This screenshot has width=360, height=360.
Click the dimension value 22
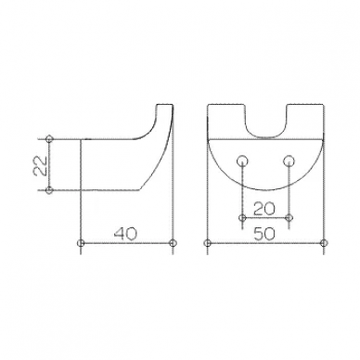point(40,165)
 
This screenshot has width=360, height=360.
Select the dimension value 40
point(125,234)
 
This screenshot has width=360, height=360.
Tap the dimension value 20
point(264,209)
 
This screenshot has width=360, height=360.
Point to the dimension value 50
point(264,234)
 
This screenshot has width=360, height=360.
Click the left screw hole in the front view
point(242,161)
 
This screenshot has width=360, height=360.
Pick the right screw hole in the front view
point(289,161)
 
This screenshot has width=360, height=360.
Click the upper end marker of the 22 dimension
point(49,139)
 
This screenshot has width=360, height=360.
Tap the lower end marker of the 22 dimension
point(49,190)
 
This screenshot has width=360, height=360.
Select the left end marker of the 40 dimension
point(81,243)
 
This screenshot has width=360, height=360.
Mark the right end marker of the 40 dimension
point(173,243)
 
